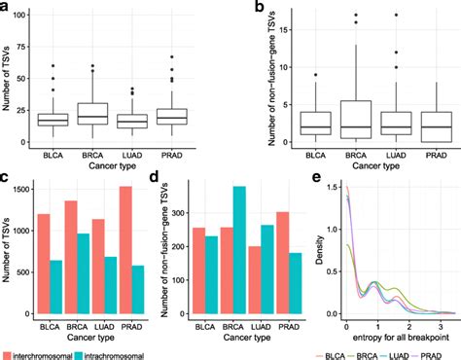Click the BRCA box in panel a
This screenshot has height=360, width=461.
pyautogui.click(x=122, y=113)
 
